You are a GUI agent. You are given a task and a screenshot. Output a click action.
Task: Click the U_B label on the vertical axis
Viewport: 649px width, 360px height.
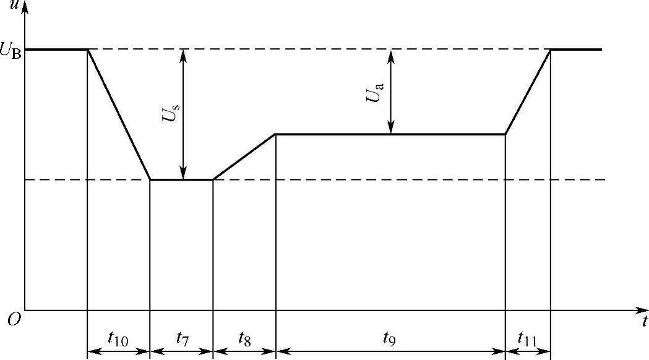[12, 51]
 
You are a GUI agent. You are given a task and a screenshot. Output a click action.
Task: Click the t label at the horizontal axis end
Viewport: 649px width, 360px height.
[644, 321]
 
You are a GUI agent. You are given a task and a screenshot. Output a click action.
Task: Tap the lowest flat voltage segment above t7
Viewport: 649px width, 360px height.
[182, 180]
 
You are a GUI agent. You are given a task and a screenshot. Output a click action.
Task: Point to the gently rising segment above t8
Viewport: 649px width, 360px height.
[244, 157]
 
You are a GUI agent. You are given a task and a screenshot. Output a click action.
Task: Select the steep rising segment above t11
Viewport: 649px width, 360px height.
[528, 92]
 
